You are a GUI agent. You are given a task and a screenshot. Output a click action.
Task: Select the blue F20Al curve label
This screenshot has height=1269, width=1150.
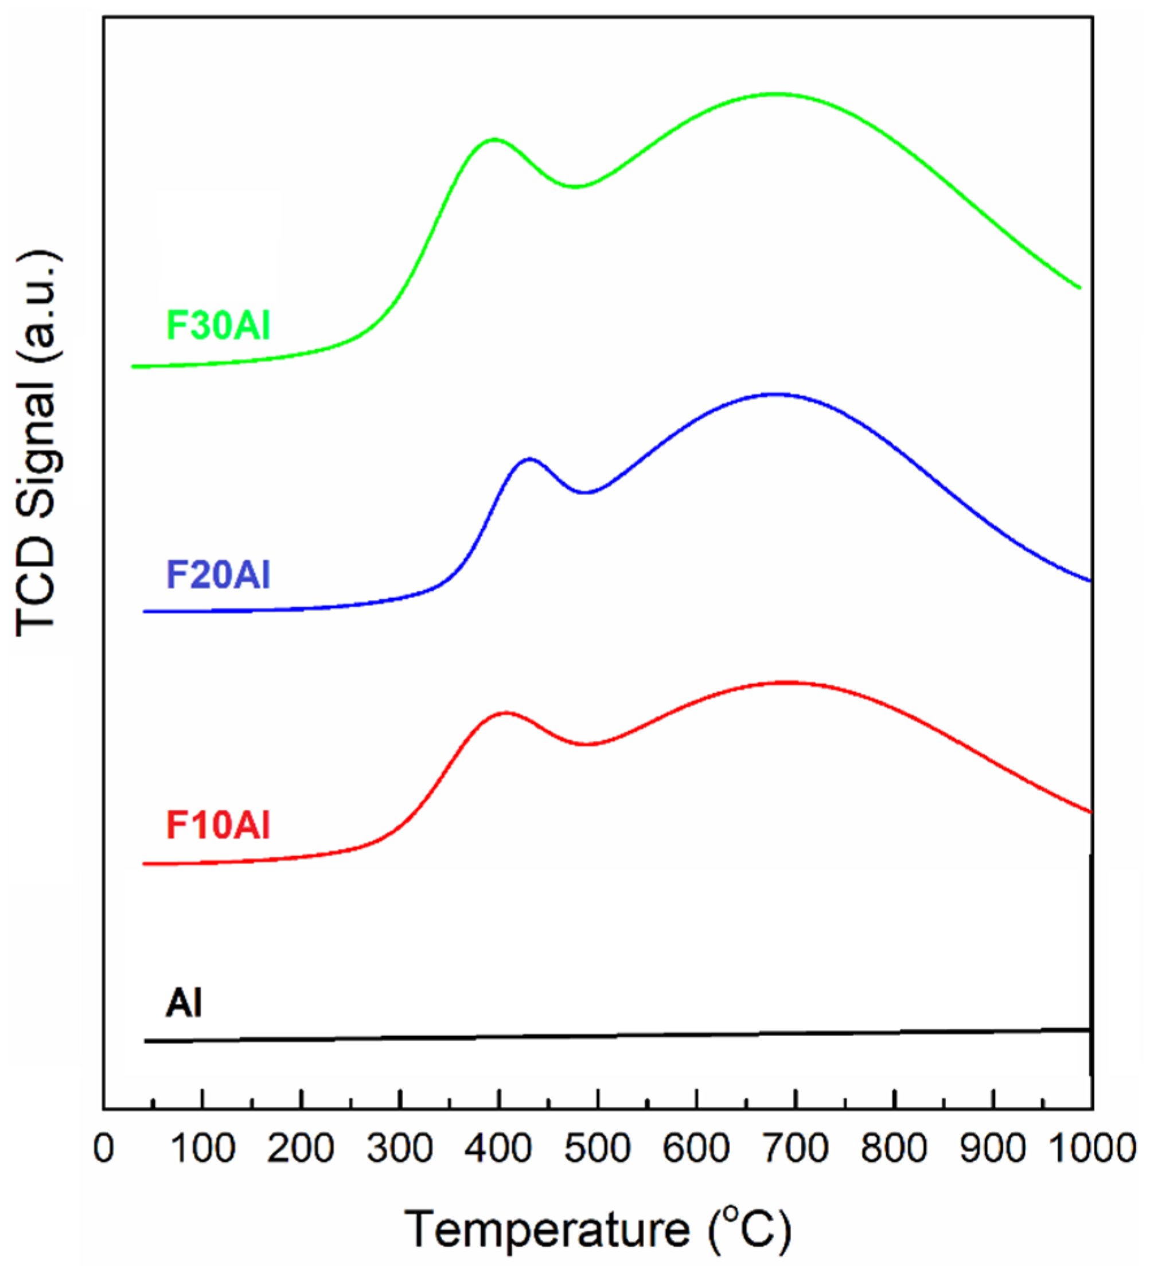[218, 575]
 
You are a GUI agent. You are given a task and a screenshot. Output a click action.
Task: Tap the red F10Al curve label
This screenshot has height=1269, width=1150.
[218, 825]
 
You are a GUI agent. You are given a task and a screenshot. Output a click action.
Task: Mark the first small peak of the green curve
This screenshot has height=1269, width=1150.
[494, 139]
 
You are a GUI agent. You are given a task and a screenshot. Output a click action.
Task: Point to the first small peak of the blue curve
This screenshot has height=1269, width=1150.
[529, 458]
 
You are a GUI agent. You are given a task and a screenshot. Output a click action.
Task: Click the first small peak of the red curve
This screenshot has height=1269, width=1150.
[506, 713]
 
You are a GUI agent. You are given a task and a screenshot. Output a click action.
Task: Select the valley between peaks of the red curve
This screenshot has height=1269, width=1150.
[587, 745]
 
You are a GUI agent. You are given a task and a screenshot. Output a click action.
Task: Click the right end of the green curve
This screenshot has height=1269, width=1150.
[1079, 288]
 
